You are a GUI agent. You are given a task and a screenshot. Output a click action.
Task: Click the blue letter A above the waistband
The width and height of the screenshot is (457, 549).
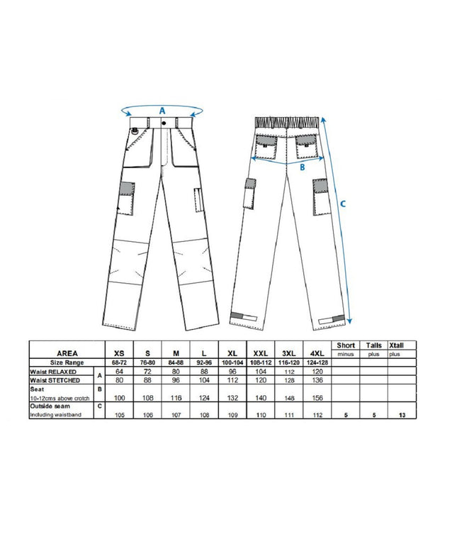point(162,111)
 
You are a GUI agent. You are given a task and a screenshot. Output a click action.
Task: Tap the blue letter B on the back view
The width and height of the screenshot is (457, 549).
point(302,168)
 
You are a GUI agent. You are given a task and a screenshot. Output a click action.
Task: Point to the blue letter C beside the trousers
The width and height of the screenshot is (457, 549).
point(343,204)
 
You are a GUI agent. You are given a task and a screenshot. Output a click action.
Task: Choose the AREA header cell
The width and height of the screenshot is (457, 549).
point(67,353)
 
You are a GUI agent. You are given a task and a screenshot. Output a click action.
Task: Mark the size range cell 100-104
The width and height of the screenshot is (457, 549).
point(232,362)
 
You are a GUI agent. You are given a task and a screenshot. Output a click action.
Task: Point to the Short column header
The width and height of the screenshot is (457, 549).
point(346,345)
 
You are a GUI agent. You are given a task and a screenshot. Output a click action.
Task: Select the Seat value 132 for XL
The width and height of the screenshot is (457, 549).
point(232,397)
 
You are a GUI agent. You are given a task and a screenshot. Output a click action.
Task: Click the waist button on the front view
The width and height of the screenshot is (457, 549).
point(164,123)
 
